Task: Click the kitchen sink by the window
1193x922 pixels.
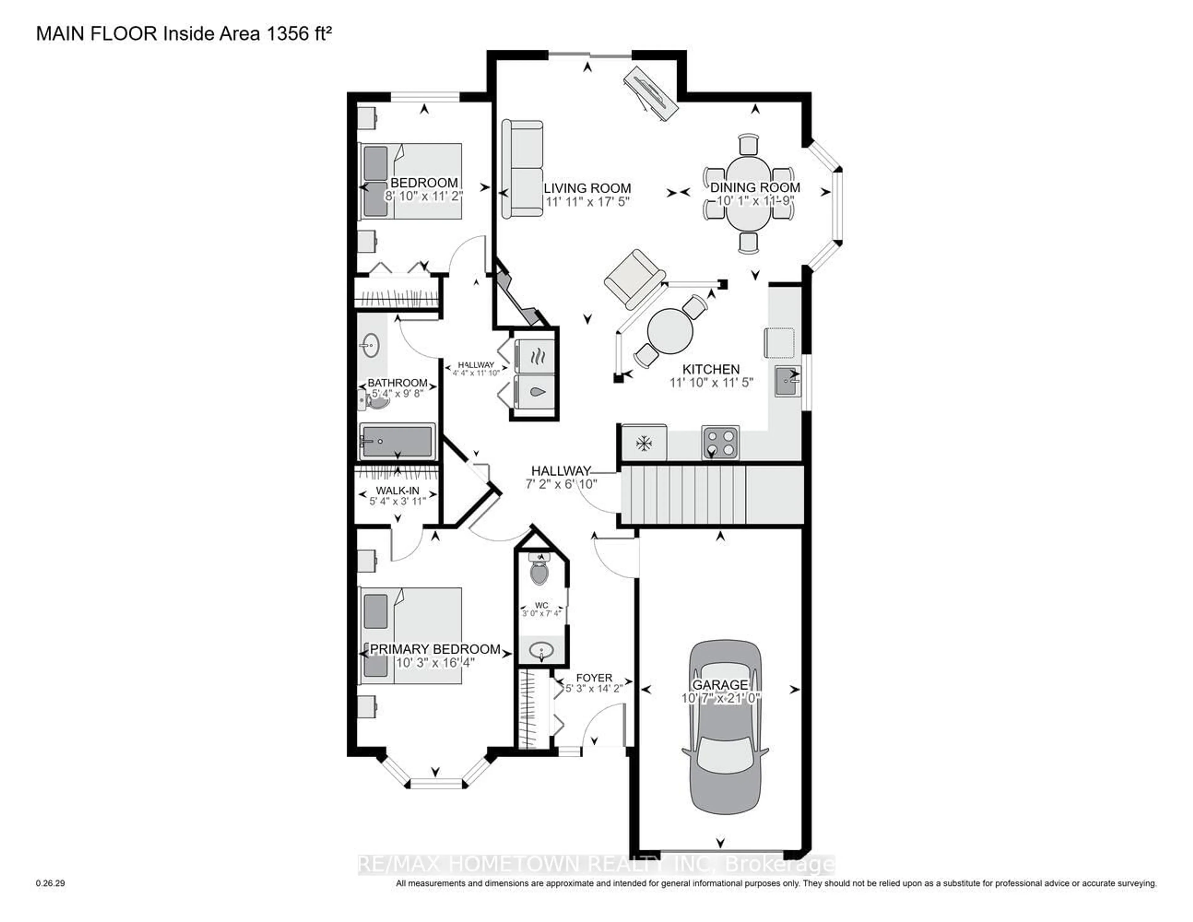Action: [x=787, y=381]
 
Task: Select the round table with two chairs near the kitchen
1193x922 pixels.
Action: [x=670, y=331]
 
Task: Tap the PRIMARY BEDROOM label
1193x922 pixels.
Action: [x=435, y=649]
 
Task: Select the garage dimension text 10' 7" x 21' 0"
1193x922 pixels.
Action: [x=720, y=698]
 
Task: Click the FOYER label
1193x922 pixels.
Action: [x=594, y=677]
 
